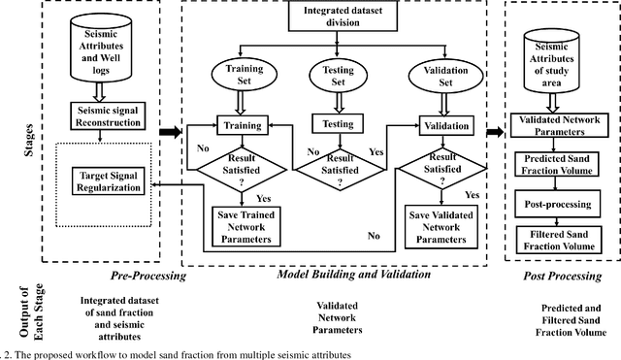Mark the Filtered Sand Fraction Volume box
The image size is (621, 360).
pos(564,240)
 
